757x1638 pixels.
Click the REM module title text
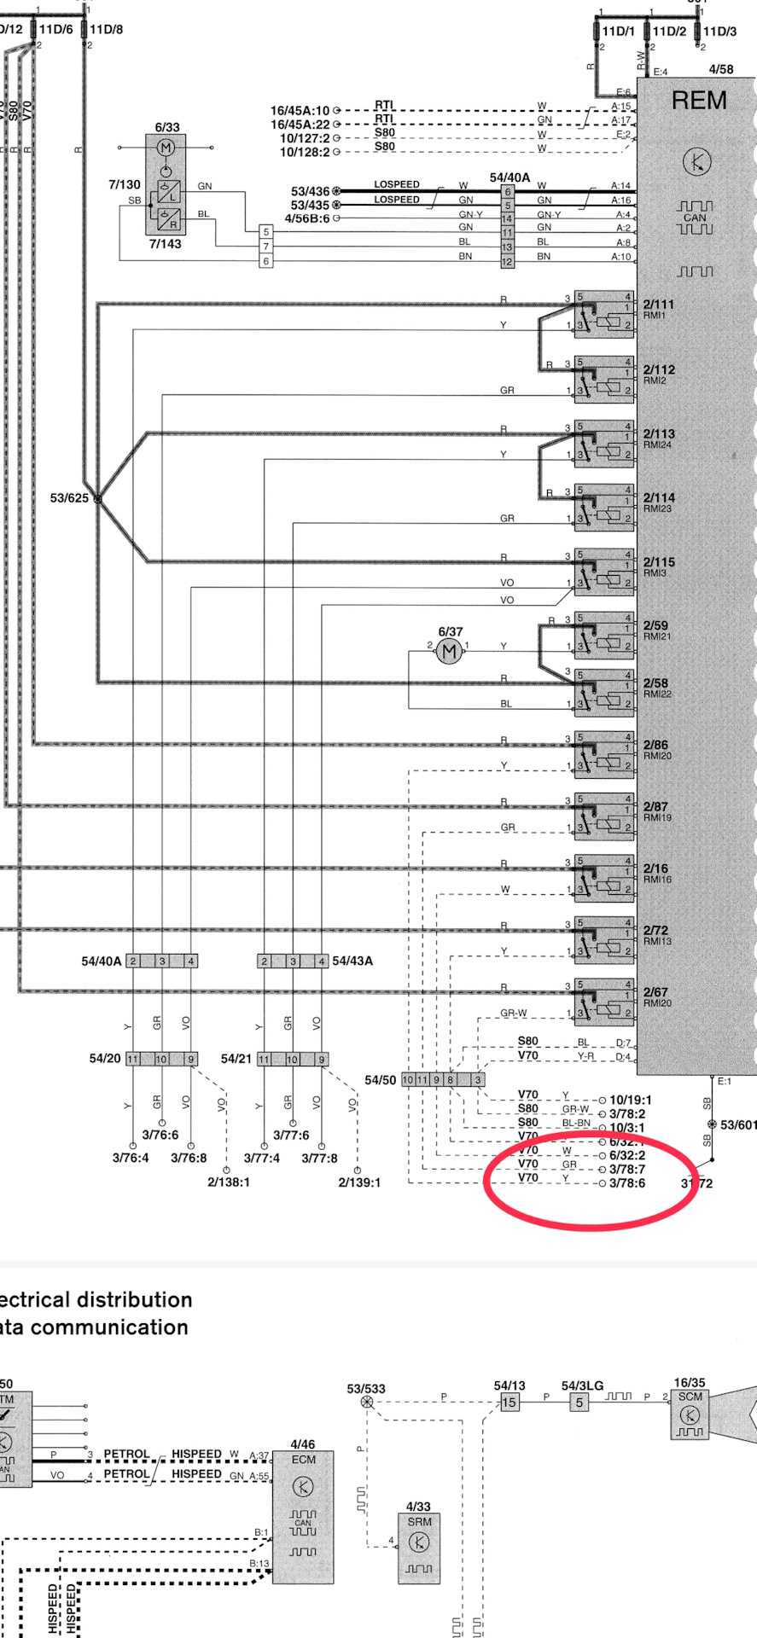click(x=699, y=101)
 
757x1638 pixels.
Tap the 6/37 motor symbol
click(x=450, y=653)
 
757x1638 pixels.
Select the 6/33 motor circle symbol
click(x=166, y=148)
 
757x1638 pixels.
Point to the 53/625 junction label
click(x=69, y=498)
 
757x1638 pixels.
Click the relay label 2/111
click(x=658, y=305)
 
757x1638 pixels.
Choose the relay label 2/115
click(x=658, y=562)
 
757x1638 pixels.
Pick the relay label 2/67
click(x=655, y=992)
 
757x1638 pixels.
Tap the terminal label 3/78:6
click(x=627, y=1183)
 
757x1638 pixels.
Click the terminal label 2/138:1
click(x=228, y=1182)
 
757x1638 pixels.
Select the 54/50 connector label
click(x=380, y=1080)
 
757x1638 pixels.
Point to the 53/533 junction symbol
click(x=367, y=1402)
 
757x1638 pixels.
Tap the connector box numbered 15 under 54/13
click(x=510, y=1402)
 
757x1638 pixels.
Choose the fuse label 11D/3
click(x=719, y=32)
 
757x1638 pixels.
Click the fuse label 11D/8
click(x=106, y=29)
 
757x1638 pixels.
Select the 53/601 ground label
click(x=737, y=1125)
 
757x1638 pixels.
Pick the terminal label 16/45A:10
click(x=300, y=111)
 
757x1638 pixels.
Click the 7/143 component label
click(x=165, y=244)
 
